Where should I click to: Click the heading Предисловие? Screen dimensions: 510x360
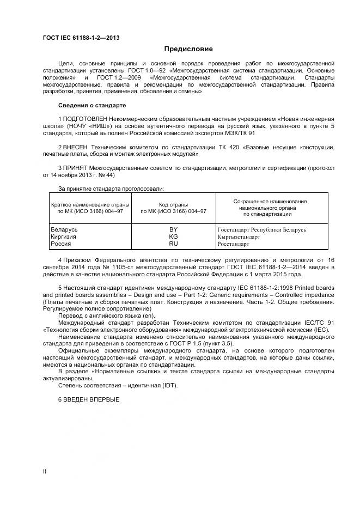(189, 49)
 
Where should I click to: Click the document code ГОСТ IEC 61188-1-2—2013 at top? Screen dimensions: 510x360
(81, 38)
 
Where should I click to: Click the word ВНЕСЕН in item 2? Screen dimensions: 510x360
(76, 147)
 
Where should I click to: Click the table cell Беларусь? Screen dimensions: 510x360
(64, 230)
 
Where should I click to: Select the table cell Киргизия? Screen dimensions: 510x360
(63, 237)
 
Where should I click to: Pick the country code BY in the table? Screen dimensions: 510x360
(174, 230)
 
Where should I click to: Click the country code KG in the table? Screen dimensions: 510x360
(174, 237)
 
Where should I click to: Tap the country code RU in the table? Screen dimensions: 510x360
(174, 244)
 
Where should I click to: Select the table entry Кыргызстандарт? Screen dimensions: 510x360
(239, 237)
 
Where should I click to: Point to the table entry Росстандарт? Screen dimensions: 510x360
(233, 244)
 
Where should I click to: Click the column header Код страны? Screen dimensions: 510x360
(174, 204)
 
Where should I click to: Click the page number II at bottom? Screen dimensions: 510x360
(45, 471)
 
